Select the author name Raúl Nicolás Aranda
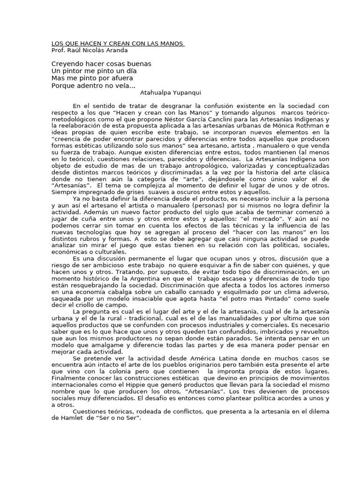pos(97,50)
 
